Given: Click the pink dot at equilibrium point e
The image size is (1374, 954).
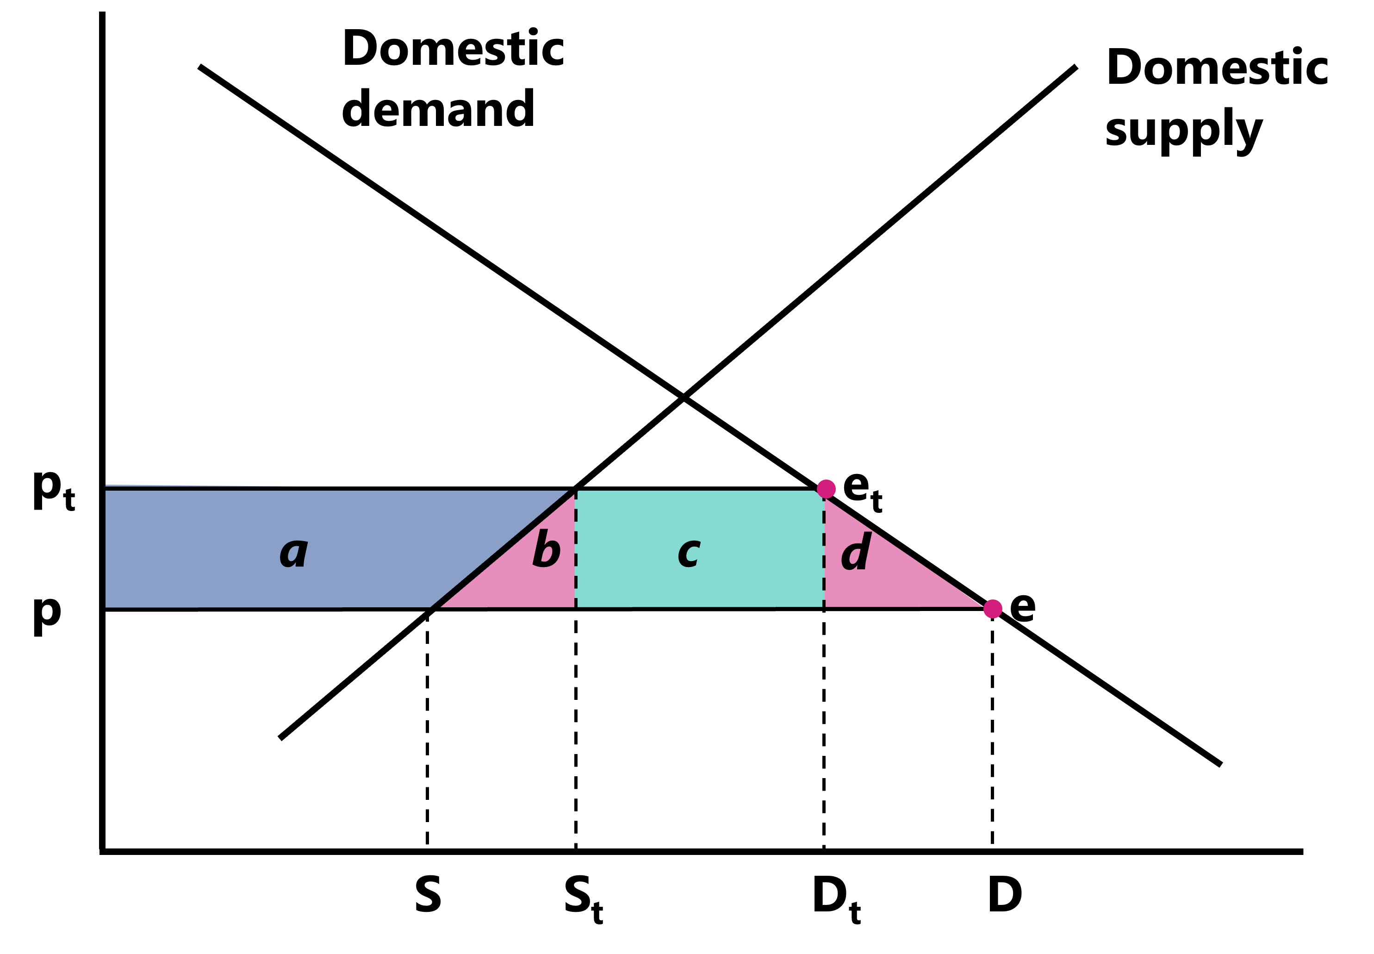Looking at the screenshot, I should (992, 609).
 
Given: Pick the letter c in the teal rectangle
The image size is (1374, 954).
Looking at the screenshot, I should (689, 554).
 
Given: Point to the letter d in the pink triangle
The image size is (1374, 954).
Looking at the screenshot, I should (856, 551).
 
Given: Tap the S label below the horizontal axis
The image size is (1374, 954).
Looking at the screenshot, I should (428, 894).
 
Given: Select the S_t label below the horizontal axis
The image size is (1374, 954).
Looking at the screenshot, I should (583, 898).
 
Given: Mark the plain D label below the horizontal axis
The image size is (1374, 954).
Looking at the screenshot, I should (1005, 894).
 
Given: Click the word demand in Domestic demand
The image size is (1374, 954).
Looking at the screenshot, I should (438, 109).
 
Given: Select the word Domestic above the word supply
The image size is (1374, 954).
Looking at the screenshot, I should (1217, 68).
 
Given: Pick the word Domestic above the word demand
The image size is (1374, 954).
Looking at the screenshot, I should (453, 49).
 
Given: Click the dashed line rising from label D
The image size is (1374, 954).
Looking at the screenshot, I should (992, 729).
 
